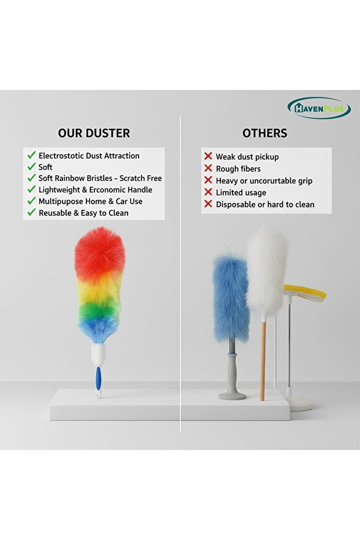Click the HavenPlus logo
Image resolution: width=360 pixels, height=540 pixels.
coord(319,108)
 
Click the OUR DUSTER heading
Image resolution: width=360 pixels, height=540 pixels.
coord(93,133)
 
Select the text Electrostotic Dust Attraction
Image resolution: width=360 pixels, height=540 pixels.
coord(89,155)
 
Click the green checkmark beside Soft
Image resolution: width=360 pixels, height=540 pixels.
coord(31,167)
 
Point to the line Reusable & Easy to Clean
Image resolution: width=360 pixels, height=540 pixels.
coord(83,213)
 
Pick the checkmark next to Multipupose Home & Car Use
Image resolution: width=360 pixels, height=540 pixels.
coord(31,201)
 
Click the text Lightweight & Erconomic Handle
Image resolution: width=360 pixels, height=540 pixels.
coord(95,190)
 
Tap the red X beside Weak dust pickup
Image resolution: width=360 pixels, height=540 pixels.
coord(208,157)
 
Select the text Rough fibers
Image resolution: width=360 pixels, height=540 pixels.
coord(238,169)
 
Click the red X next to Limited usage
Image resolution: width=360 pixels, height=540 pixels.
coord(208,193)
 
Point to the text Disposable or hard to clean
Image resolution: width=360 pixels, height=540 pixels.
coord(265,204)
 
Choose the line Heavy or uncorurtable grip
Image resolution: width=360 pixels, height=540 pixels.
coord(264,181)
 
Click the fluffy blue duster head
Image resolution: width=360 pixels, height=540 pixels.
coord(230,296)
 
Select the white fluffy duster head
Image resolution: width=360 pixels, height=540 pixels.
coord(267,270)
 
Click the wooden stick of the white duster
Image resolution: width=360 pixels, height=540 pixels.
coord(263,360)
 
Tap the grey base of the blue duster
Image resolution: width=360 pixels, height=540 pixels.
coord(232,395)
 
